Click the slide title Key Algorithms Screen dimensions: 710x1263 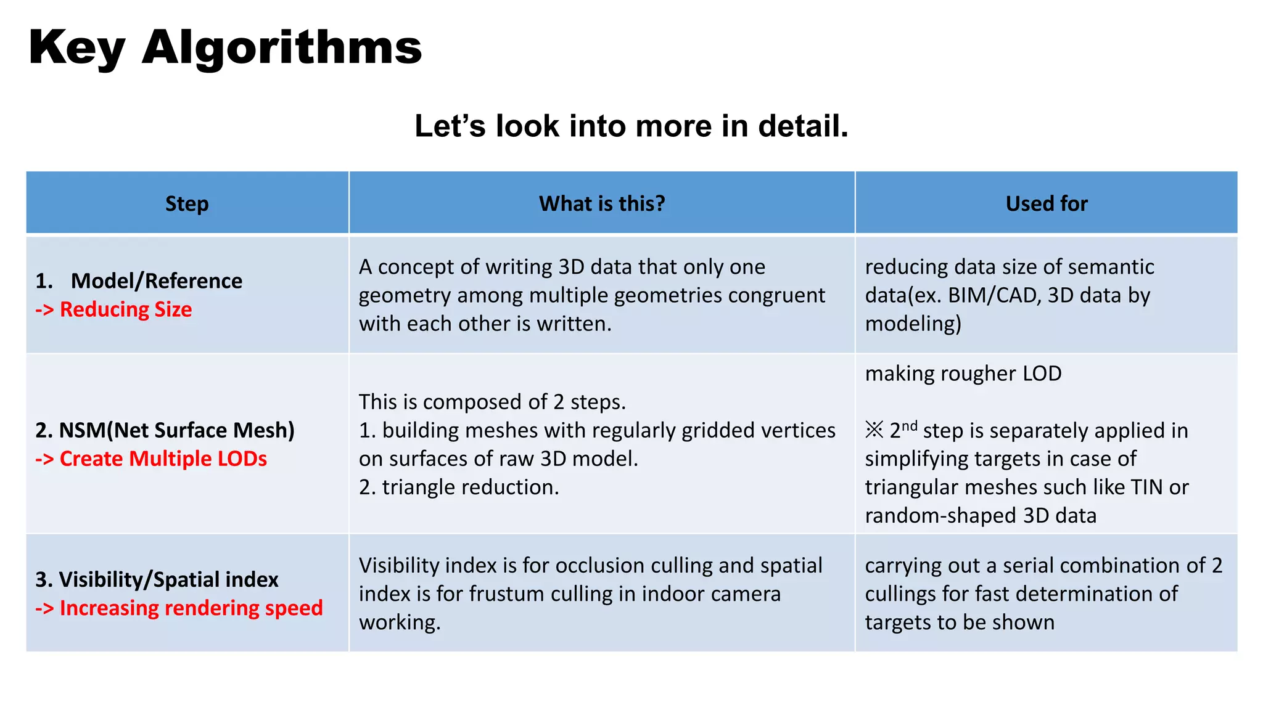click(x=225, y=48)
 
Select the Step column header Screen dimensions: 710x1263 click(x=187, y=204)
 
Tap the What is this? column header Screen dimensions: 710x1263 click(x=602, y=204)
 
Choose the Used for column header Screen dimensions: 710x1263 click(x=1046, y=204)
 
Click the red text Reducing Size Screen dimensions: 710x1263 click(x=125, y=309)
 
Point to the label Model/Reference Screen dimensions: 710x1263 click(x=157, y=281)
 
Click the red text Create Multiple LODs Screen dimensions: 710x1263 click(x=163, y=459)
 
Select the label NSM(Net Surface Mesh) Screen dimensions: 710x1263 click(x=176, y=430)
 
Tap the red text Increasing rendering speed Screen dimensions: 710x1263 click(x=191, y=608)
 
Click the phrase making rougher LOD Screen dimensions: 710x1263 click(x=963, y=373)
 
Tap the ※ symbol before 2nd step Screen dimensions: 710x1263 click(x=874, y=430)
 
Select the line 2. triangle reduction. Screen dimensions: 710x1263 click(x=459, y=488)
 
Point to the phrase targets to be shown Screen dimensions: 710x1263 click(x=959, y=622)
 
